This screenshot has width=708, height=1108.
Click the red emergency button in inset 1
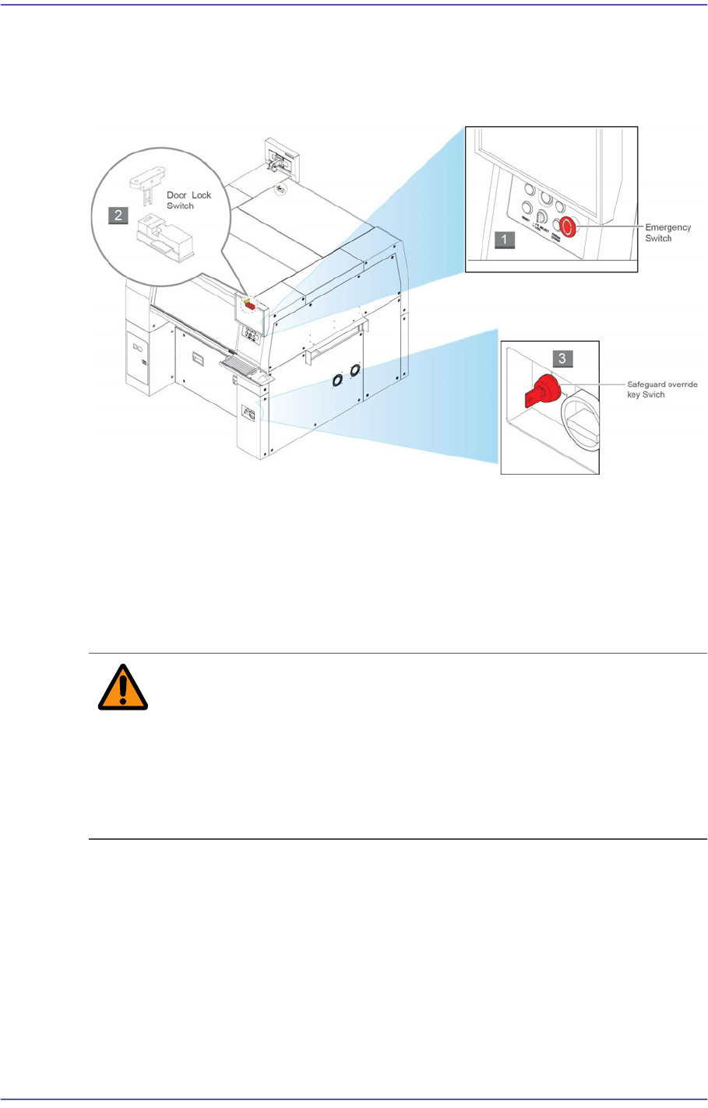569,227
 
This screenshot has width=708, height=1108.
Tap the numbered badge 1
504,240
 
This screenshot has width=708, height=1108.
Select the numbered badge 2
118,216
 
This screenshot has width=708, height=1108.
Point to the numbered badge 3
563,358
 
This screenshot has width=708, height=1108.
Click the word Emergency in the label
667,227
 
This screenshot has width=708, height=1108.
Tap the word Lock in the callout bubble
201,195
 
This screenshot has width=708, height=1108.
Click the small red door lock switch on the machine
251,306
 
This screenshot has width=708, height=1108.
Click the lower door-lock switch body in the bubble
164,237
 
